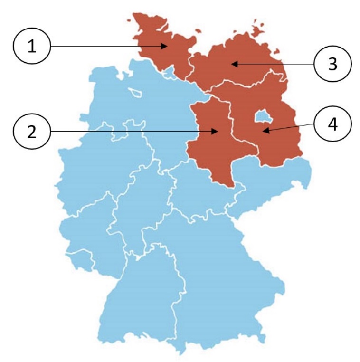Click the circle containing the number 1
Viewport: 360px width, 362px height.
(32, 46)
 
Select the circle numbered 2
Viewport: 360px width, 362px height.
(32, 131)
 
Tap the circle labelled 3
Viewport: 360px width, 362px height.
(332, 63)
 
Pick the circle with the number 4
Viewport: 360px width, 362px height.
(332, 124)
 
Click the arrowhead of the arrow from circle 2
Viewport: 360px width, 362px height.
(219, 131)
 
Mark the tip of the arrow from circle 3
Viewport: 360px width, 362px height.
(232, 63)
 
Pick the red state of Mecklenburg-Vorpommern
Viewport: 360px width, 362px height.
(237, 62)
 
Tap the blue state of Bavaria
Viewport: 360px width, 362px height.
(223, 276)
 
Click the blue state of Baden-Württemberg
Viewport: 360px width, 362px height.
(142, 295)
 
